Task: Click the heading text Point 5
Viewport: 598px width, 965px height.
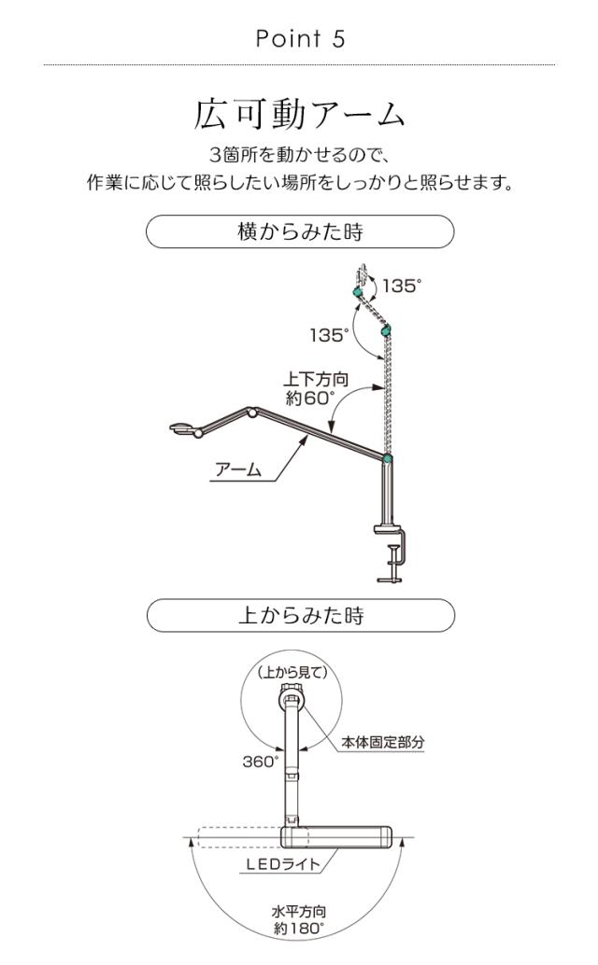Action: pos(299,39)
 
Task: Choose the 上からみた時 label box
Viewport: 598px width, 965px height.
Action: pos(299,615)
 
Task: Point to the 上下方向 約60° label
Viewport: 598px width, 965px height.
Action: pos(309,388)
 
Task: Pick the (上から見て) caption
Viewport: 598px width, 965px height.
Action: pos(292,671)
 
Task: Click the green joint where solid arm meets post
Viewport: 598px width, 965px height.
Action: pos(387,457)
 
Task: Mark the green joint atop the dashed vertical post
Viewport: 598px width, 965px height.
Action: pos(385,329)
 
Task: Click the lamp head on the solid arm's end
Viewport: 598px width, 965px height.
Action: pos(184,429)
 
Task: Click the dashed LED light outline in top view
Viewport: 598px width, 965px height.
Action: pos(239,835)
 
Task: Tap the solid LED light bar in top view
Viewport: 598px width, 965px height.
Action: pos(340,835)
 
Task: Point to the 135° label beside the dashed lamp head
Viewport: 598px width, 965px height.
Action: pos(402,286)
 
